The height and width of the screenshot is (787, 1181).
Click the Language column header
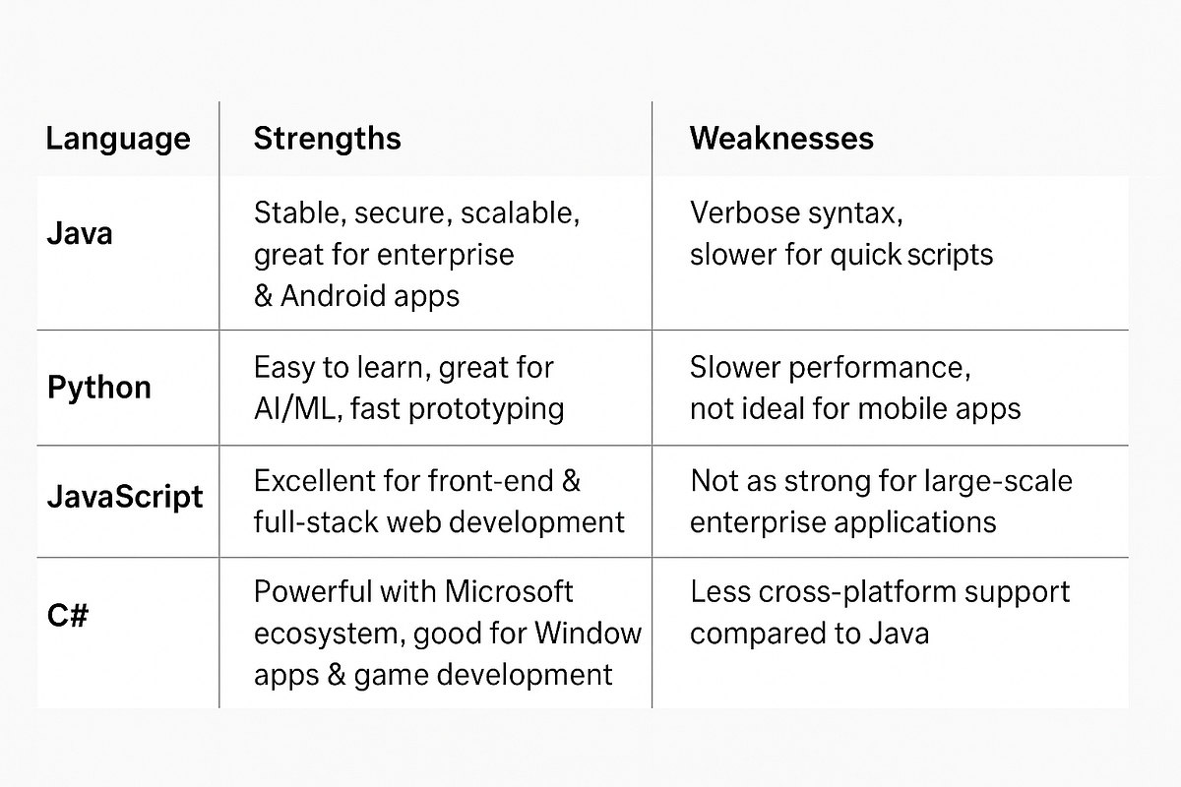point(118,139)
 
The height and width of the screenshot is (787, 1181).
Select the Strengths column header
point(327,139)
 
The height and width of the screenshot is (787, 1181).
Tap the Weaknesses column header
point(781,139)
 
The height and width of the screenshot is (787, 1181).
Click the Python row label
point(99,388)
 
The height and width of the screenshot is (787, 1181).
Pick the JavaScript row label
point(125,496)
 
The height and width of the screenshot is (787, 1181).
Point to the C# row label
point(68,617)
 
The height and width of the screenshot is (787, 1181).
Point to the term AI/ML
point(295,408)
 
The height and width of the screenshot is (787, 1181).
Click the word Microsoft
point(509,592)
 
